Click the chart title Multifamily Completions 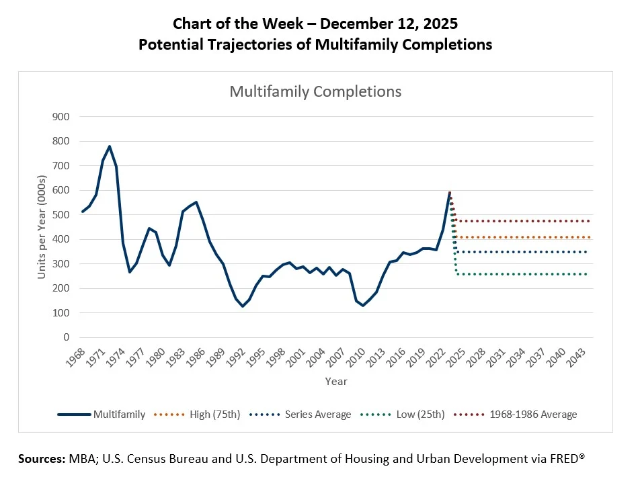coord(315,91)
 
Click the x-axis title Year coord(336,381)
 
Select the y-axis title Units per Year coord(42,226)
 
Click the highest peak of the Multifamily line coord(109,146)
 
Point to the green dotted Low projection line coord(524,274)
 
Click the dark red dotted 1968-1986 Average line coord(524,221)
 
